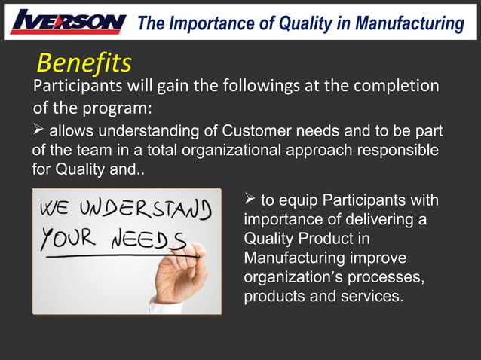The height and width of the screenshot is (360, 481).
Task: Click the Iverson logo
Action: pos(68,22)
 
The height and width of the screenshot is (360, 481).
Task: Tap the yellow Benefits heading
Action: pos(84,62)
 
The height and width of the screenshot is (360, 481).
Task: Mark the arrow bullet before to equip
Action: pos(250,200)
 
